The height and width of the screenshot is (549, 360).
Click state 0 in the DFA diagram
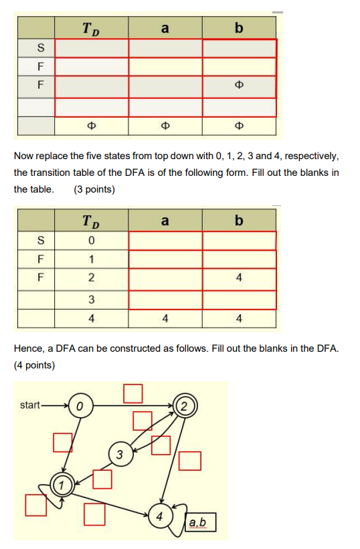80,405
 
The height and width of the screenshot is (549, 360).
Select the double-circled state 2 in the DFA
184,405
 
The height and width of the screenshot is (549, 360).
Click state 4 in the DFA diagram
160,516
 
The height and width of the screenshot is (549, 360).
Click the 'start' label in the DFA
30,405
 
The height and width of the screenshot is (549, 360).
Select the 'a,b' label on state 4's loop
198,522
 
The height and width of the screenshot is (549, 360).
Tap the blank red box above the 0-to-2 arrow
132,393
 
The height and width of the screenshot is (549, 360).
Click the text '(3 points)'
94,189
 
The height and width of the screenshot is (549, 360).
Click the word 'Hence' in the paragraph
29,349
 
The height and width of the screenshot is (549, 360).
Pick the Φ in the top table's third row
239,86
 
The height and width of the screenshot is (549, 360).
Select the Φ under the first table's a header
165,126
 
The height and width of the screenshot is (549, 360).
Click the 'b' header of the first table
239,28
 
